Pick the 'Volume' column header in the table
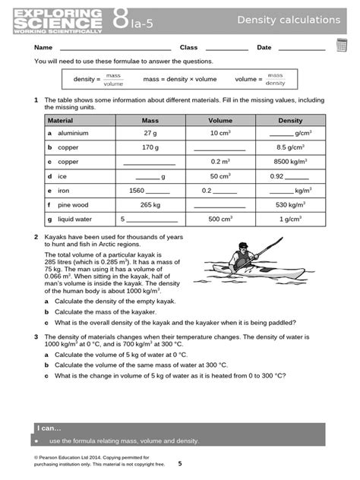(x=220, y=120)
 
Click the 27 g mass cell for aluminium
(x=150, y=134)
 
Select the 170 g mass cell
(x=150, y=147)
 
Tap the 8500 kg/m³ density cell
(x=290, y=162)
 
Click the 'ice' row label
(x=62, y=176)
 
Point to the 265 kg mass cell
(x=150, y=204)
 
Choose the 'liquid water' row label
(x=73, y=219)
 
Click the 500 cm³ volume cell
(x=220, y=219)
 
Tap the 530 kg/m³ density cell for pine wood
(x=290, y=204)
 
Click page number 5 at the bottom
(x=180, y=463)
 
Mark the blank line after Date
(x=303, y=49)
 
